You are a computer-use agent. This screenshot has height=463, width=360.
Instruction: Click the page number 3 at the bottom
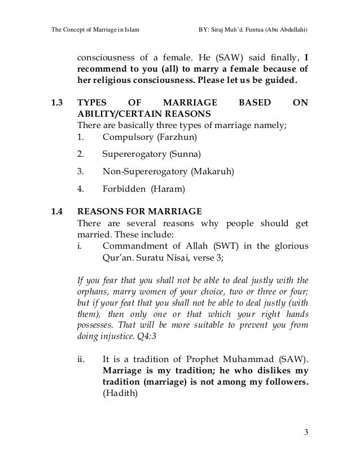click(x=305, y=433)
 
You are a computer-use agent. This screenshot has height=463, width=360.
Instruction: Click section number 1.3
click(x=57, y=103)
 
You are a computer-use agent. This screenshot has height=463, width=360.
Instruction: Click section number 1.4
click(x=57, y=212)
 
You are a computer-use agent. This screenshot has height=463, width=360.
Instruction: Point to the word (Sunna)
click(x=186, y=154)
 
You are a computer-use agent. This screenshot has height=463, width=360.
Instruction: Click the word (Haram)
click(x=164, y=188)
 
